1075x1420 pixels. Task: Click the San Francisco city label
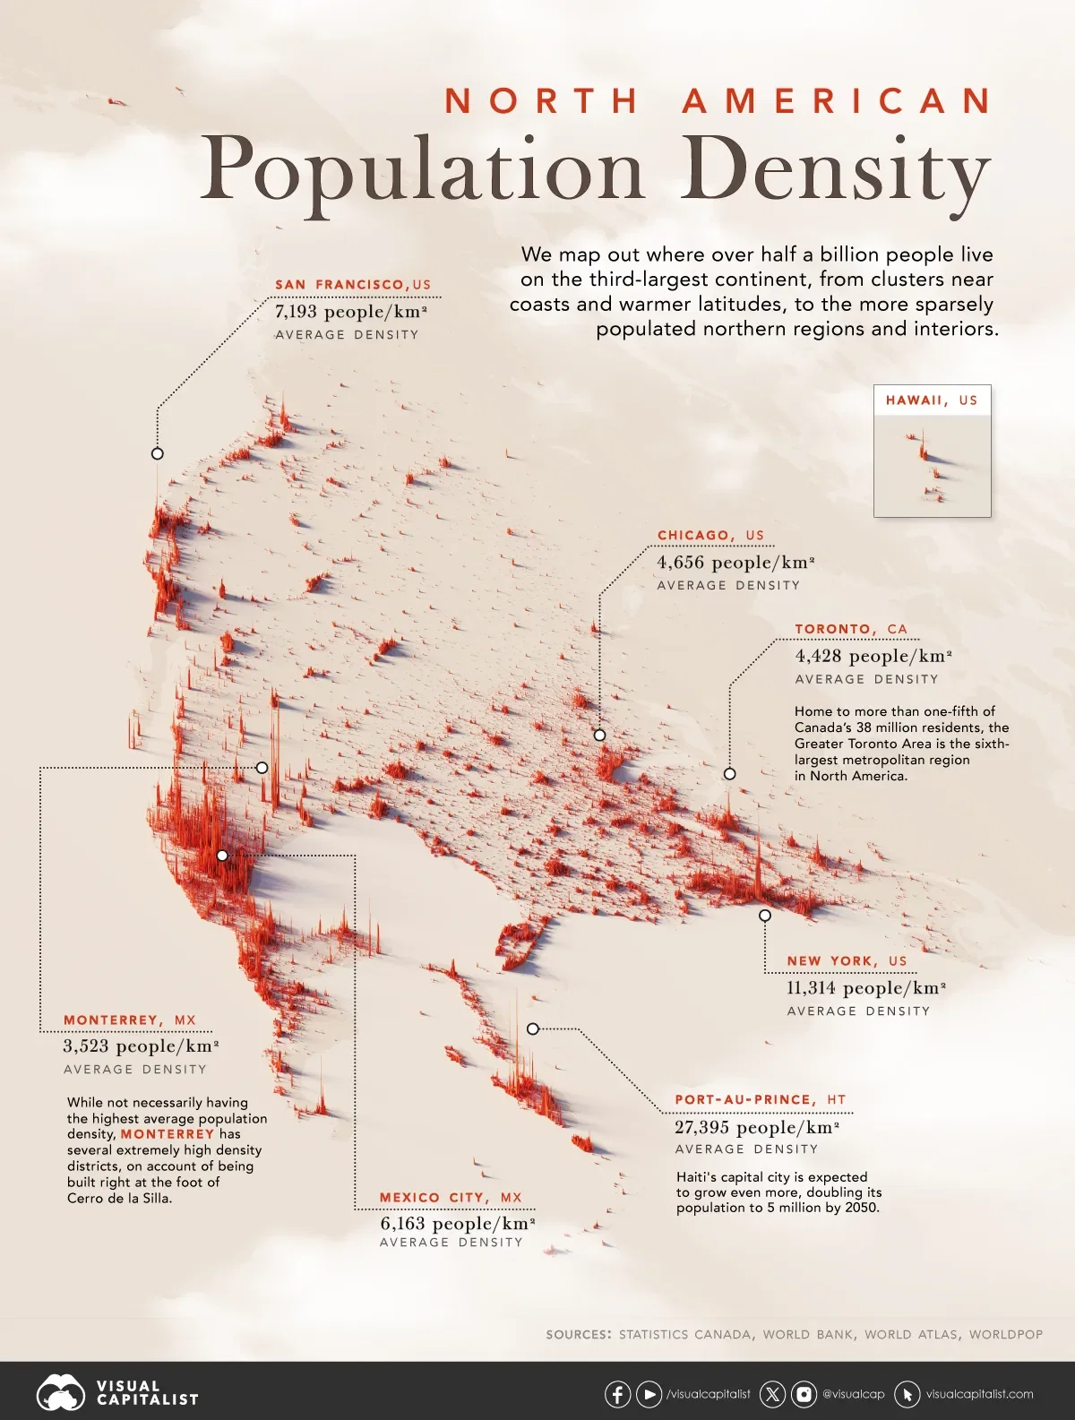353,285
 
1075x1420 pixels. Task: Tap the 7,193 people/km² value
350,312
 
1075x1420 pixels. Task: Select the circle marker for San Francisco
158,453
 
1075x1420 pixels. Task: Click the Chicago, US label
710,536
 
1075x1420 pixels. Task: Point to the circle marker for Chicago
599,735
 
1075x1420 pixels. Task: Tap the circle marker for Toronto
729,773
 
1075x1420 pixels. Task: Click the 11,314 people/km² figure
865,988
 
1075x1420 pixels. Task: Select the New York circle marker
764,916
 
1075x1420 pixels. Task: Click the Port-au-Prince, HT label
760,1100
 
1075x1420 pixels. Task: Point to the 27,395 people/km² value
756,1128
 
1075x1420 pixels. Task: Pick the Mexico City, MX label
450,1198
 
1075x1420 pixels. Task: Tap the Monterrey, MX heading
129,1020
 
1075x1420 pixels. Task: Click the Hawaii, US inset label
932,400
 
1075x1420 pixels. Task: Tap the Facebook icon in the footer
617,1394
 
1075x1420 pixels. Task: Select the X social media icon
772,1394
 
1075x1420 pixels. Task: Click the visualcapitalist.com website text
979,1394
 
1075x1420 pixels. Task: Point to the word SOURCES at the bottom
579,1334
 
